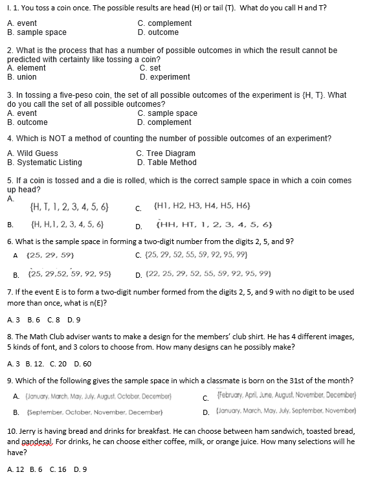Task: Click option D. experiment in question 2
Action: click(164, 76)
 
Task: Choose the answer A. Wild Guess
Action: click(32, 153)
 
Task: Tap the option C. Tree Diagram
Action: click(166, 153)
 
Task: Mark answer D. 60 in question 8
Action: click(83, 364)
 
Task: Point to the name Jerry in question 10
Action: click(30, 431)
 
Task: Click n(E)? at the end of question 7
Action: click(95, 302)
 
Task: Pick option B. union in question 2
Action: click(22, 76)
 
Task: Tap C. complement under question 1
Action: click(164, 23)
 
